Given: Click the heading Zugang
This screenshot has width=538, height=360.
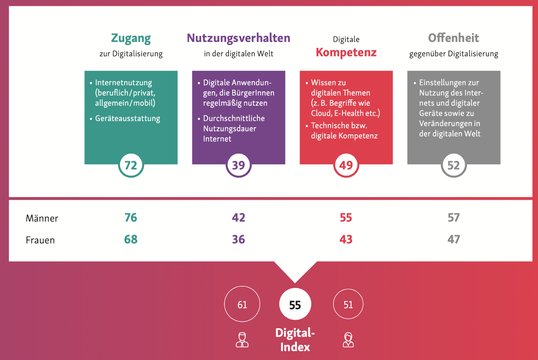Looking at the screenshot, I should pos(131,38).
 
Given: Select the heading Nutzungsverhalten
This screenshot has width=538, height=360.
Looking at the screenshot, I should pos(239,38).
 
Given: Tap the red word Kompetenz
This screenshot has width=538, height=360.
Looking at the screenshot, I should pos(346,52).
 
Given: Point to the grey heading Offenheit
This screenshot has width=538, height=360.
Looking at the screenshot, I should pos(453,38).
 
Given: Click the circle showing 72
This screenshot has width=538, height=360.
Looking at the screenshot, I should pos(131,165).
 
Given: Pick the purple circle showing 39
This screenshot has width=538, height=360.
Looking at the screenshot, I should pos(239,165).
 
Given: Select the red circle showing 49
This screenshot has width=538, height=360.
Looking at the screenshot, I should pos(346,165).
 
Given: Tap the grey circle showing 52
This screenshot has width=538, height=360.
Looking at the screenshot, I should pos(453,165).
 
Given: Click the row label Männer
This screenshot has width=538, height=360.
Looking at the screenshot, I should pos(42,218).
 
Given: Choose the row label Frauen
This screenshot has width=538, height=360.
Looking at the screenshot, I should pos(40,240).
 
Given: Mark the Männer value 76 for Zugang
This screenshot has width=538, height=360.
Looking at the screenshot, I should pos(131,218).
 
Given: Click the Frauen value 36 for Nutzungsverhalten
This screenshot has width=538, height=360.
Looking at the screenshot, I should pos(239,239).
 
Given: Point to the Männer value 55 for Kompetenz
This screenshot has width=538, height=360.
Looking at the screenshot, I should pos(346,218).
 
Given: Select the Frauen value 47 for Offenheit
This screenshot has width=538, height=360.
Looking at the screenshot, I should pos(453,239).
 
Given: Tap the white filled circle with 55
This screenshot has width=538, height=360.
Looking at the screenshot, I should pos(295,304).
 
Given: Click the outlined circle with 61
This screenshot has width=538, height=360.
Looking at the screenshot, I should pos(242,304).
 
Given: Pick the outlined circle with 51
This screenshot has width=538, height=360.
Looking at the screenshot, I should pos(348,304).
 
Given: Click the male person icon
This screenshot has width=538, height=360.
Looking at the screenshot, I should pos(242,339).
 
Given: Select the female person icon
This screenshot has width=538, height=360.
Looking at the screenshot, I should pos(348,339).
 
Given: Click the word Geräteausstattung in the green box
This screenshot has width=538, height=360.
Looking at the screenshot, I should pos(127,119).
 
